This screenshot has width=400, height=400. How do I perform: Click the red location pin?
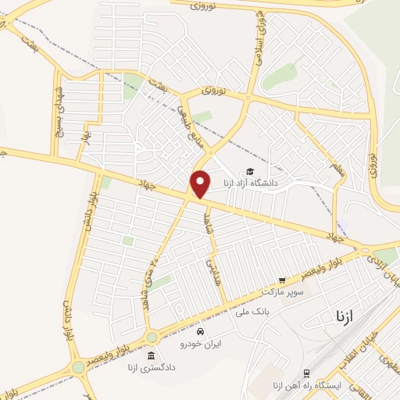point(201,184)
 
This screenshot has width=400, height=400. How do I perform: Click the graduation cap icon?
point(250,172)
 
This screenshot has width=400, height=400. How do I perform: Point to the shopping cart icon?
point(282,279)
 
